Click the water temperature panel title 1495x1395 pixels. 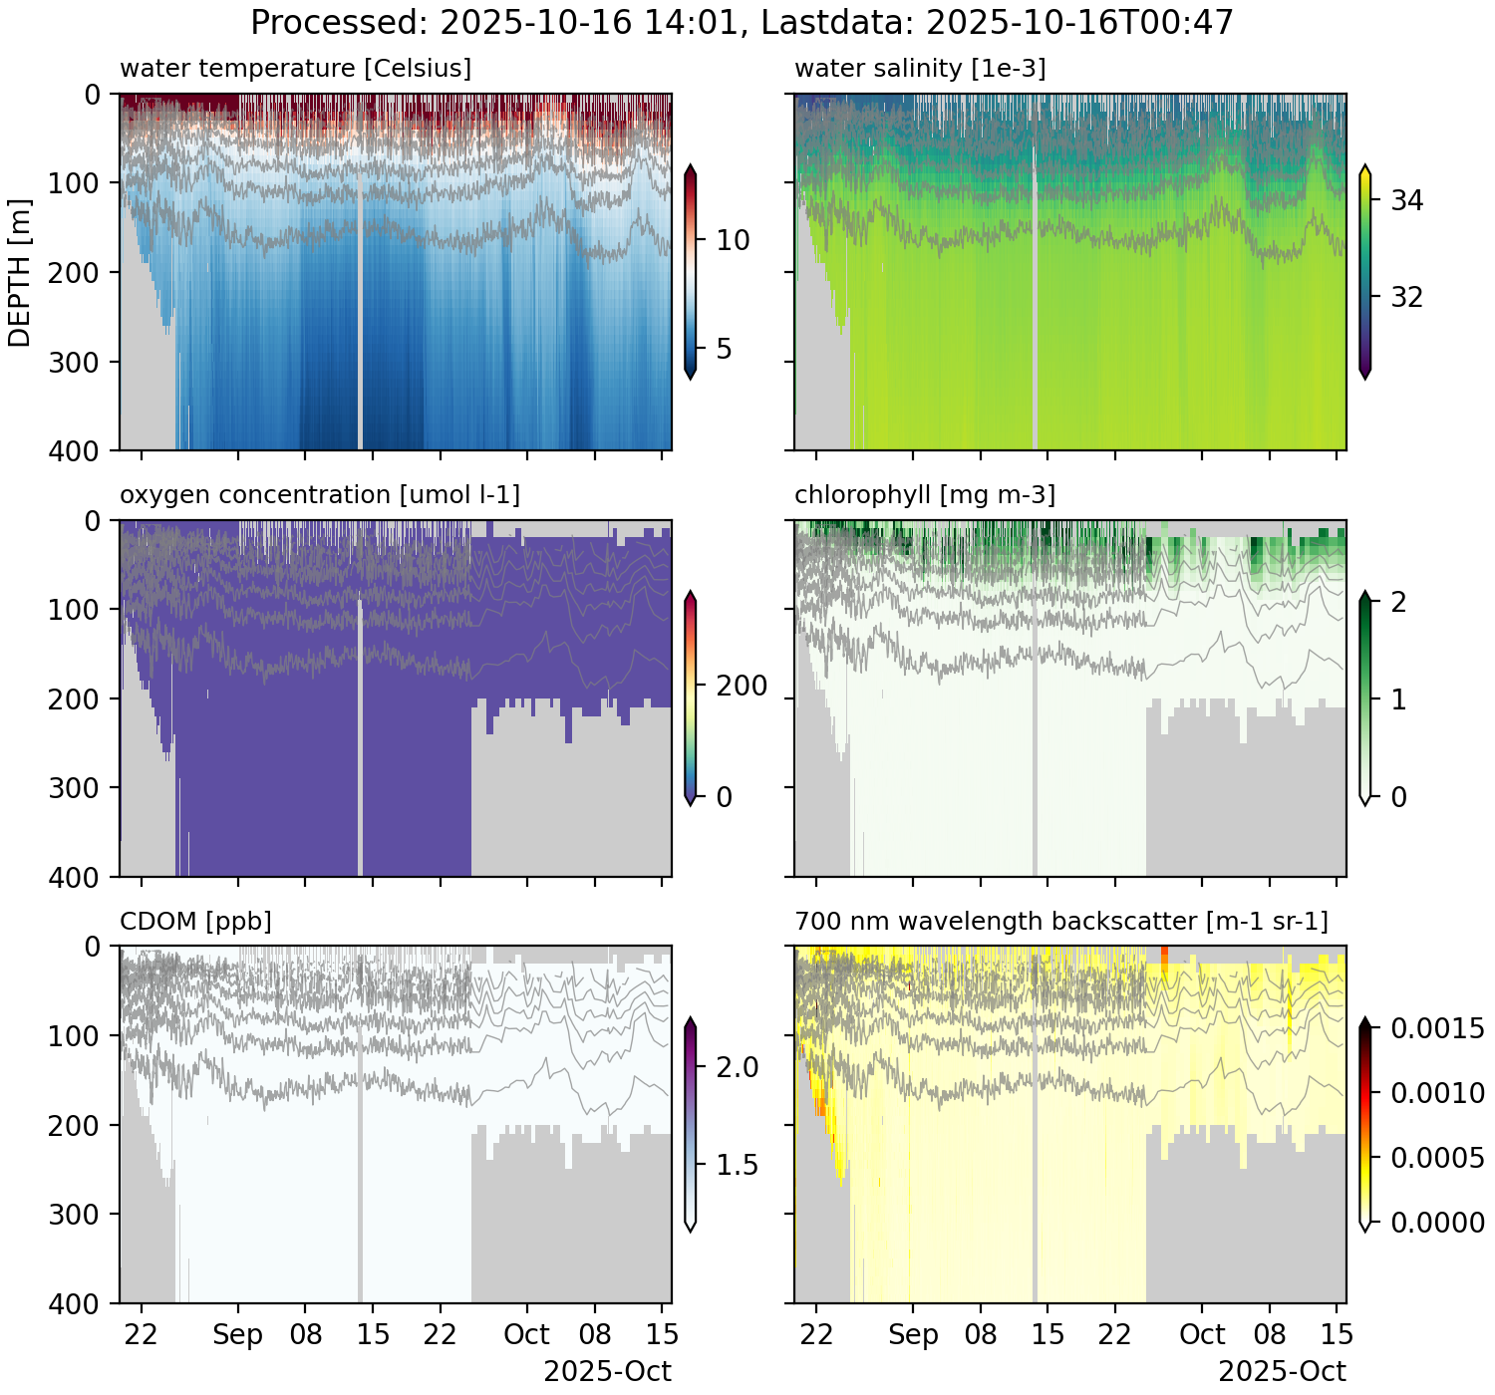coord(295,69)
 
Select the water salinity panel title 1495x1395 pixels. coord(920,69)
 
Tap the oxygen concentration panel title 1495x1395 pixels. coord(320,495)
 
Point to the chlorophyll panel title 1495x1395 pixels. coord(925,495)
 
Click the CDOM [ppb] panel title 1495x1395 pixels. coord(195,922)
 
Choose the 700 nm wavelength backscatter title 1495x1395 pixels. coord(1061,922)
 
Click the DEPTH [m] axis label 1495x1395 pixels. coord(20,272)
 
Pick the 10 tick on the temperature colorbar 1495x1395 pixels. coord(733,240)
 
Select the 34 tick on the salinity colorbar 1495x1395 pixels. coord(1406,201)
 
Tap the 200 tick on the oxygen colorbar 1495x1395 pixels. coord(742,687)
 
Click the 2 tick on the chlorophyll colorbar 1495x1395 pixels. coord(1398,602)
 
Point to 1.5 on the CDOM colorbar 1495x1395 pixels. coord(737,1165)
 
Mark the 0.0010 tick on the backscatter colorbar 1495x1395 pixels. coord(1437,1094)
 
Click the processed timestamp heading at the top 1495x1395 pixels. coord(743,22)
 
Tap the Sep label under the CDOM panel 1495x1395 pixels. coord(238,1334)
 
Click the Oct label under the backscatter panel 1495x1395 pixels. coord(1202,1334)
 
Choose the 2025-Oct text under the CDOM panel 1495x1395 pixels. coord(607,1371)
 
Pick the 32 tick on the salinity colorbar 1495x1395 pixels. coord(1406,298)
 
